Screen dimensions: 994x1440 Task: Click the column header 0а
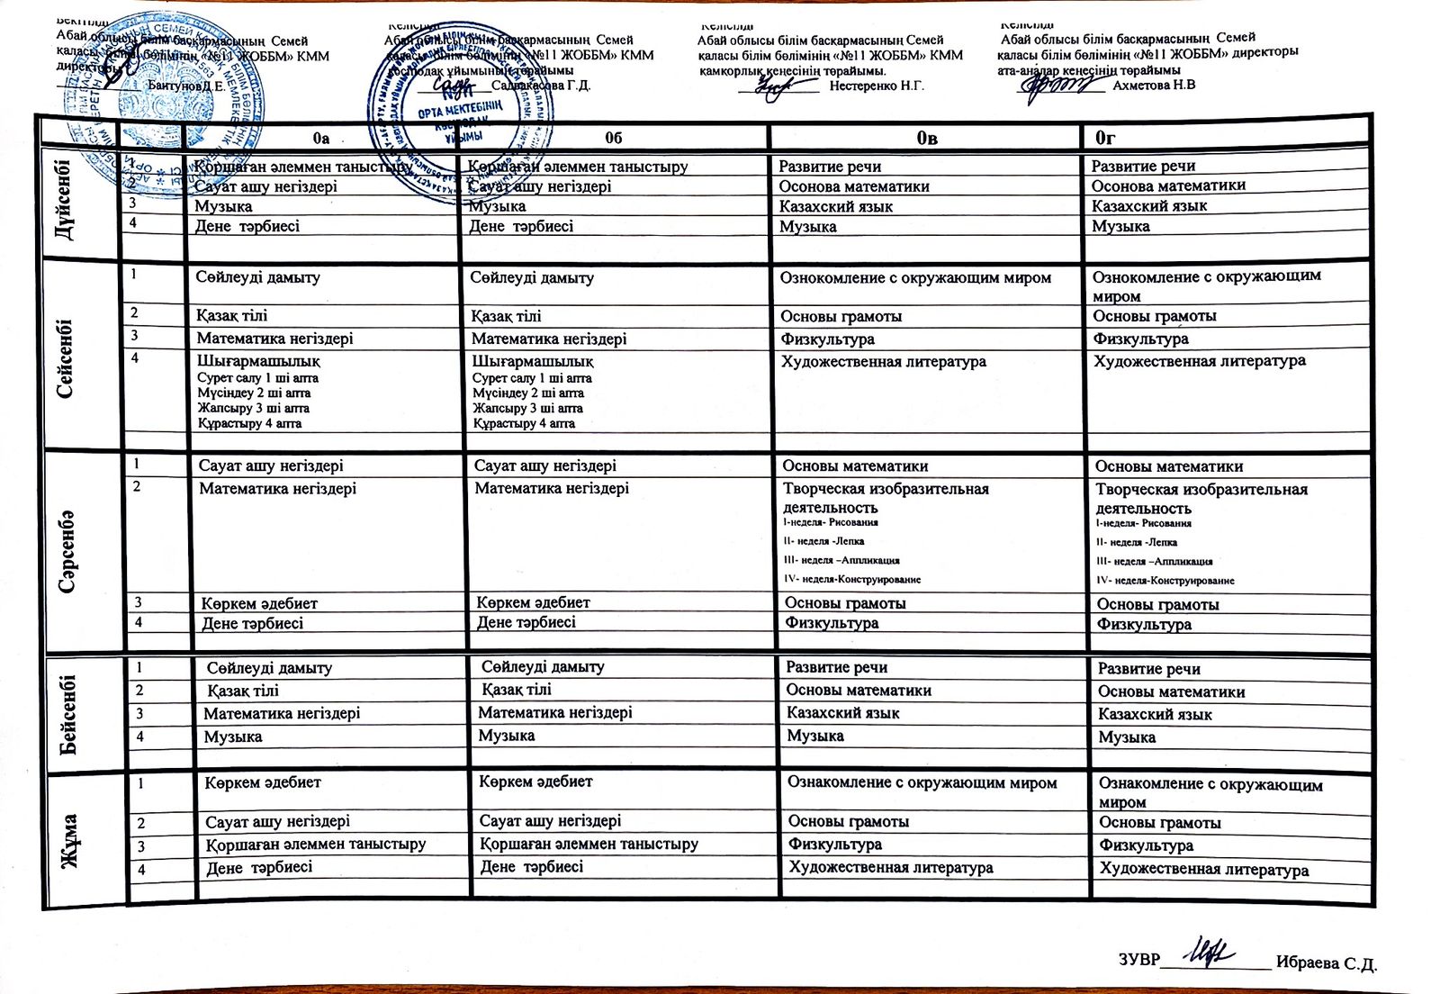320,138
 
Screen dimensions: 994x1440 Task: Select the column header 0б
613,138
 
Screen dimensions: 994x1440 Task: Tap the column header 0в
927,138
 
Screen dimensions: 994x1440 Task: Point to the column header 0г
1105,138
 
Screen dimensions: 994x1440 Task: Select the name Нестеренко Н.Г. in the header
876,86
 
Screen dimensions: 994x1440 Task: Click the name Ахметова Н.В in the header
1154,86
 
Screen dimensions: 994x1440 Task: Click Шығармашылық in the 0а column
258,361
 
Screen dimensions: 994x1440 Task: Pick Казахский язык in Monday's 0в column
836,206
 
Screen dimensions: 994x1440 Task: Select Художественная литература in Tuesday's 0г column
1199,361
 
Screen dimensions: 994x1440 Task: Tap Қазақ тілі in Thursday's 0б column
517,690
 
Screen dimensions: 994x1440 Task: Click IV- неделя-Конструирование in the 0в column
852,579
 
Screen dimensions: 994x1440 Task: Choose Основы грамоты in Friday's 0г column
1159,823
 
